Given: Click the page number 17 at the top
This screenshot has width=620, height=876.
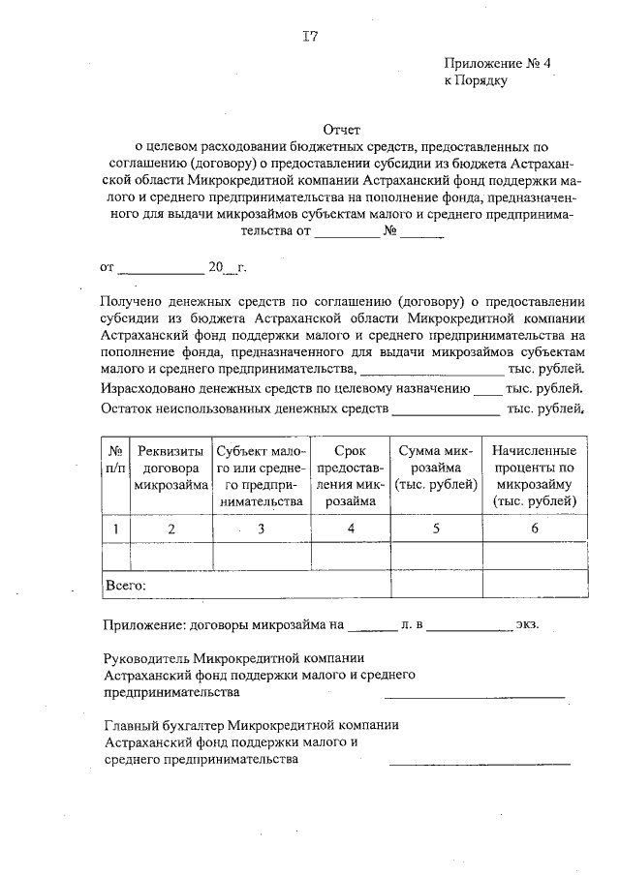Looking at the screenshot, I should pyautogui.click(x=310, y=38).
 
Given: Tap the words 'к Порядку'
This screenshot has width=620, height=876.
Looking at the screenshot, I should pyautogui.click(x=476, y=81).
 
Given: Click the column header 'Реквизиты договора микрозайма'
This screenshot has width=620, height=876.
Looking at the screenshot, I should pyautogui.click(x=171, y=468).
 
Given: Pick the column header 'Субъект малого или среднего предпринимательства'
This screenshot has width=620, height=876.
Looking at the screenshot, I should pyautogui.click(x=261, y=476).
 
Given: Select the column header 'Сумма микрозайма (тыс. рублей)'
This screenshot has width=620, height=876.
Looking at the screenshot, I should pyautogui.click(x=436, y=468).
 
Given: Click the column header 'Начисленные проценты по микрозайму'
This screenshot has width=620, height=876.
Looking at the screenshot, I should pyautogui.click(x=534, y=476).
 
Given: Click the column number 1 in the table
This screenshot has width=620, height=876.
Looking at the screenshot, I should pyautogui.click(x=115, y=529).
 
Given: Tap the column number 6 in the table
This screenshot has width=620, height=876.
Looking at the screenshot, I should pyautogui.click(x=534, y=529).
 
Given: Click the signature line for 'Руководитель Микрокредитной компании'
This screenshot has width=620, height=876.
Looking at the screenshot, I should pyautogui.click(x=475, y=696).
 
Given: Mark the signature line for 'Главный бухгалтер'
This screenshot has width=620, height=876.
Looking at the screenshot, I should pyautogui.click(x=480, y=764).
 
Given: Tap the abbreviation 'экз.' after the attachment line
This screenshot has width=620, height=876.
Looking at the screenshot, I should pyautogui.click(x=528, y=626).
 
